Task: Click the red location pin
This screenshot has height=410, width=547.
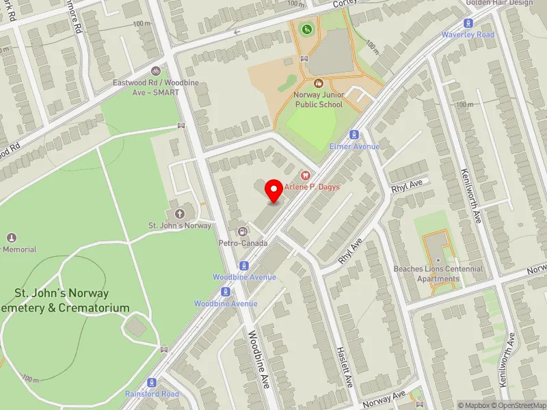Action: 274,191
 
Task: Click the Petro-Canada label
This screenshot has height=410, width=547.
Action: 241,242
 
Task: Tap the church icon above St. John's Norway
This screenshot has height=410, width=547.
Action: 181,213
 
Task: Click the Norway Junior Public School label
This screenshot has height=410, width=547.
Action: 319,100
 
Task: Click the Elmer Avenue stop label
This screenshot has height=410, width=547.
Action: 354,146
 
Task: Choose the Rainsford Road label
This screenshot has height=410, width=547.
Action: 152,394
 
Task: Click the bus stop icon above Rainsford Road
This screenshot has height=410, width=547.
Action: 152,382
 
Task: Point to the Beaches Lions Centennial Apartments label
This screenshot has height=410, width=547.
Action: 438,273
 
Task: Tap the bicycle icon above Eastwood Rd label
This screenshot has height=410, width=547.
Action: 156,71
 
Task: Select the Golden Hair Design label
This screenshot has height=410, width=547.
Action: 499,3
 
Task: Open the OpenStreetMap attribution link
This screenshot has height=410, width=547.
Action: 521,405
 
